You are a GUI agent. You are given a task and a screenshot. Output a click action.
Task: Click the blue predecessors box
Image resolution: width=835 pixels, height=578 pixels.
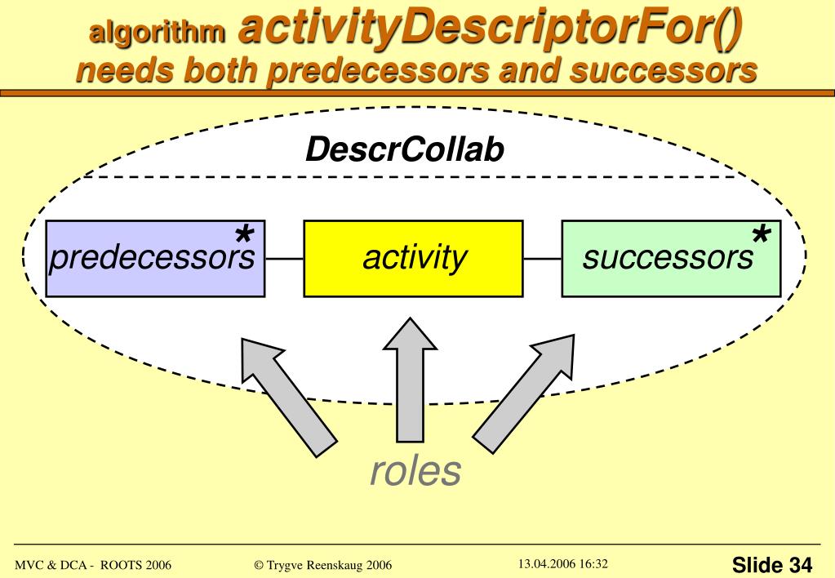(x=155, y=258)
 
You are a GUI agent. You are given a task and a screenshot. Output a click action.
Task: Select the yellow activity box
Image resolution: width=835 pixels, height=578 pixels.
(x=413, y=258)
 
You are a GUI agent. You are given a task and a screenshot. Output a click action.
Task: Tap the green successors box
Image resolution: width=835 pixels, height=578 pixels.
(x=671, y=258)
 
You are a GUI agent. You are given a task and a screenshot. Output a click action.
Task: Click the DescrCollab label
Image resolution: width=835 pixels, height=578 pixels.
(x=405, y=149)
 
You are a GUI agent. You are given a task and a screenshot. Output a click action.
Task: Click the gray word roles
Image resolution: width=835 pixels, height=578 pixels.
(x=415, y=470)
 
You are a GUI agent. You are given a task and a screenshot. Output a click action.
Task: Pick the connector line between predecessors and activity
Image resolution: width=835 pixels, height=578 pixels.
(x=284, y=259)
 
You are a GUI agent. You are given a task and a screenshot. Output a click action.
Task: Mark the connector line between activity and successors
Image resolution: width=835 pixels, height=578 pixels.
(x=542, y=259)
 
